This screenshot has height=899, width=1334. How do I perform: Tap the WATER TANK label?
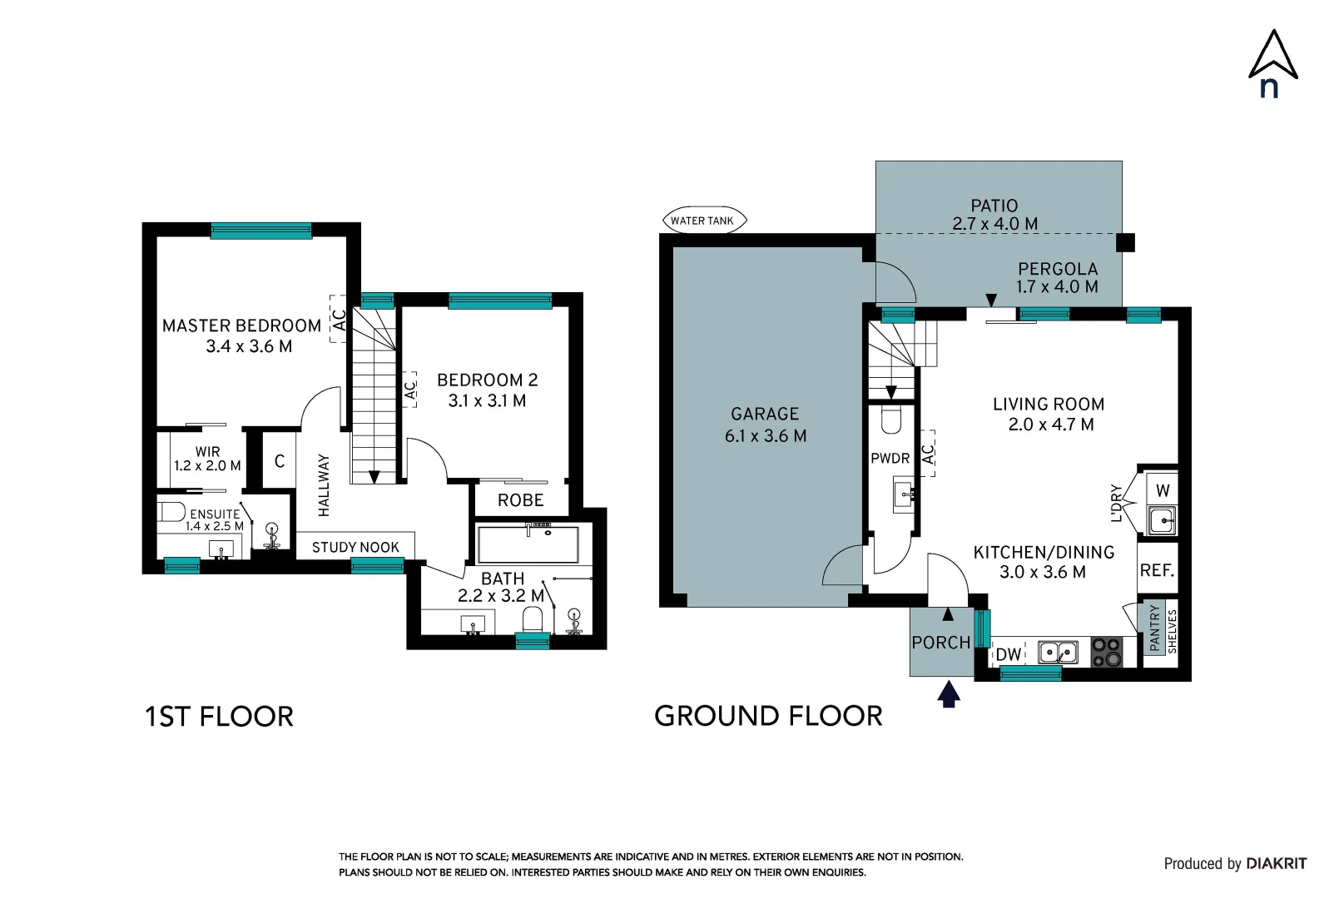pyautogui.click(x=702, y=221)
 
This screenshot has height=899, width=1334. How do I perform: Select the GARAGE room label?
pyautogui.click(x=765, y=414)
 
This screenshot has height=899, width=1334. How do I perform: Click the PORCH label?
pyautogui.click(x=940, y=643)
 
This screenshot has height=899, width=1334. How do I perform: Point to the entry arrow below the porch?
pyautogui.click(x=949, y=694)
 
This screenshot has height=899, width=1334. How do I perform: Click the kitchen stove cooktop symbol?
pyautogui.click(x=1106, y=652)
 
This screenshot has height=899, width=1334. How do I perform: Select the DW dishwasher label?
pyautogui.click(x=1009, y=654)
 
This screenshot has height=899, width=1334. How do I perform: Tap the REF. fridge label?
pyautogui.click(x=1157, y=570)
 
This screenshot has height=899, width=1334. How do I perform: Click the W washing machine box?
pyautogui.click(x=1163, y=490)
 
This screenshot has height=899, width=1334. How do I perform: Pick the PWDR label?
pyautogui.click(x=890, y=459)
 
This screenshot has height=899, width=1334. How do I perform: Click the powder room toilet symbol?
pyautogui.click(x=890, y=420)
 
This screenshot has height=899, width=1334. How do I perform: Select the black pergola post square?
pyautogui.click(x=1125, y=242)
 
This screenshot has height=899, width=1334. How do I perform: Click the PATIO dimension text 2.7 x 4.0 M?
pyautogui.click(x=994, y=224)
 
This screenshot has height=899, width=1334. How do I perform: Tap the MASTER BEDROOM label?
pyautogui.click(x=241, y=325)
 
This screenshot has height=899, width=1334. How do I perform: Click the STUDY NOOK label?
pyautogui.click(x=355, y=547)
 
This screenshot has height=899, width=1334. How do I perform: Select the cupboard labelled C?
pyautogui.click(x=280, y=460)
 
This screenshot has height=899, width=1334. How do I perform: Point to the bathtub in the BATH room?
pyautogui.click(x=528, y=544)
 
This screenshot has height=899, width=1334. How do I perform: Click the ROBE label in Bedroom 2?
pyautogui.click(x=520, y=500)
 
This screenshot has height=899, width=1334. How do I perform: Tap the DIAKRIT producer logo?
pyautogui.click(x=1276, y=863)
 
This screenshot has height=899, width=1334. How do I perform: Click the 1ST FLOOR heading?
pyautogui.click(x=219, y=717)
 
